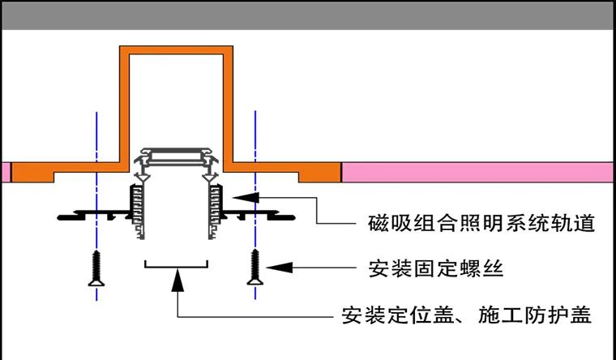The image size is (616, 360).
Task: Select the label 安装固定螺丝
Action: coord(436,267)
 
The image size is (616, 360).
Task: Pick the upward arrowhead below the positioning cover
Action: coord(177,279)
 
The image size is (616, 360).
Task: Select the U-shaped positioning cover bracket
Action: coord(176,265)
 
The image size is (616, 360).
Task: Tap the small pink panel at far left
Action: coord(5,172)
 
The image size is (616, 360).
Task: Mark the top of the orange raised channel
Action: coord(177,51)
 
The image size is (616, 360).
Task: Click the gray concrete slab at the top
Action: coord(308,15)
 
